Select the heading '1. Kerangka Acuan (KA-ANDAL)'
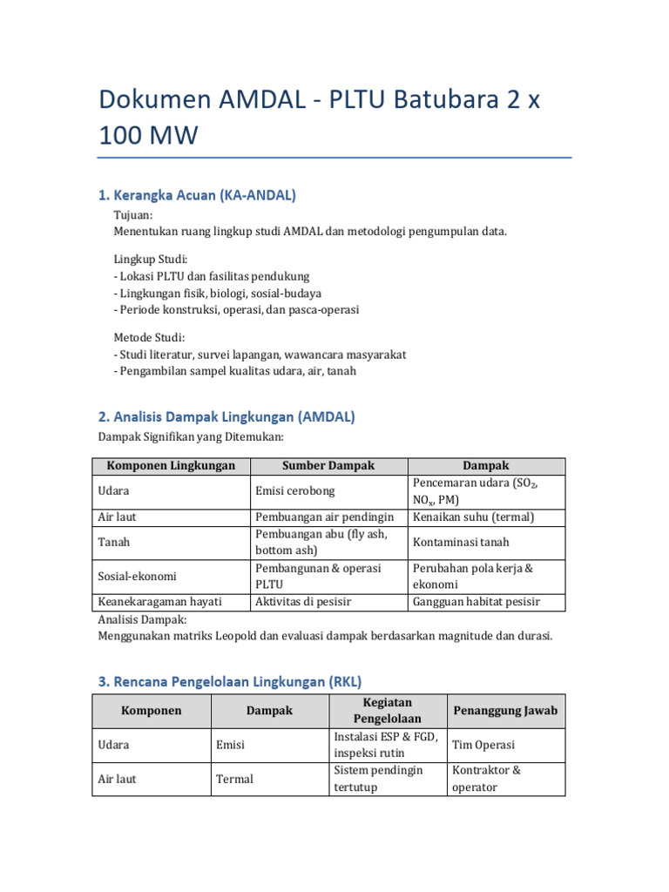(x=196, y=195)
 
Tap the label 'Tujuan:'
(x=133, y=215)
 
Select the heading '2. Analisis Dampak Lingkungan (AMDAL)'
(x=226, y=417)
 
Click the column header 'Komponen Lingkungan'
(x=171, y=466)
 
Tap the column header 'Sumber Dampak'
(x=328, y=466)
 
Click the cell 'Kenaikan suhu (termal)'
(x=473, y=517)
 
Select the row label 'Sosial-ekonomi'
(x=137, y=576)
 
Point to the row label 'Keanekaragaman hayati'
(x=160, y=602)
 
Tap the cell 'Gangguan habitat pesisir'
(x=476, y=602)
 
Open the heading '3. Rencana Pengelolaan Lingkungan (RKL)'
(x=229, y=681)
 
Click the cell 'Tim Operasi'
(x=483, y=745)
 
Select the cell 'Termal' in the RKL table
(x=234, y=779)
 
